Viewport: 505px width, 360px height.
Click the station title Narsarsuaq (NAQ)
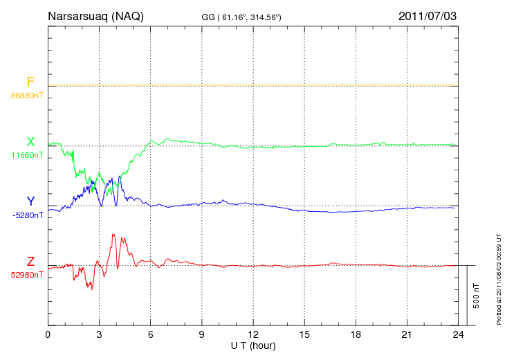point(95,15)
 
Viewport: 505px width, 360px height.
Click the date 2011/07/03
point(428,15)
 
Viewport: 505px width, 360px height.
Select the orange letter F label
point(30,82)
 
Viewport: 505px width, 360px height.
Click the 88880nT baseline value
point(27,96)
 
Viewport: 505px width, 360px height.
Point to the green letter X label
point(30,142)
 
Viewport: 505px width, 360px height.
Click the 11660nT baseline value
point(27,155)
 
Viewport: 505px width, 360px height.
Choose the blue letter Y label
point(30,201)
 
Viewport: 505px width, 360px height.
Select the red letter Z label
point(30,262)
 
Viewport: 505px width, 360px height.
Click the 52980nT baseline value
point(27,275)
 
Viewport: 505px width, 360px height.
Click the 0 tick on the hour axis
point(48,334)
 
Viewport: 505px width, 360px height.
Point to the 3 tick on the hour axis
point(99,334)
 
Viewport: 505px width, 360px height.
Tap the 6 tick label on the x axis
point(151,334)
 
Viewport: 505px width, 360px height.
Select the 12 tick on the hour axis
point(253,334)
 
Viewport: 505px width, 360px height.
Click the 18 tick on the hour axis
point(356,334)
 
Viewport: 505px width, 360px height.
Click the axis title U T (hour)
point(253,345)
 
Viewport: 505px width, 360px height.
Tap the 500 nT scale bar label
point(476,295)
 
